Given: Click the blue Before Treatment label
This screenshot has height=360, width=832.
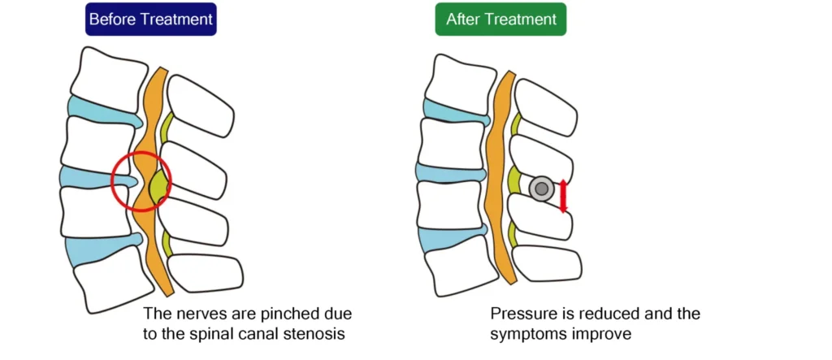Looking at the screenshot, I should click(x=150, y=20).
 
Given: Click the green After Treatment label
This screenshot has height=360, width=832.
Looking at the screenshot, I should click(x=500, y=20).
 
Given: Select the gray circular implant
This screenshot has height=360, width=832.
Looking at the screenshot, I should click(x=542, y=189).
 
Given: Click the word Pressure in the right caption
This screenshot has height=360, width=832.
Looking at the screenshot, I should click(x=521, y=313).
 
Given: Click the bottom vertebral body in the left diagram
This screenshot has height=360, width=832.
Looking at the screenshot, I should click(x=110, y=280).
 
